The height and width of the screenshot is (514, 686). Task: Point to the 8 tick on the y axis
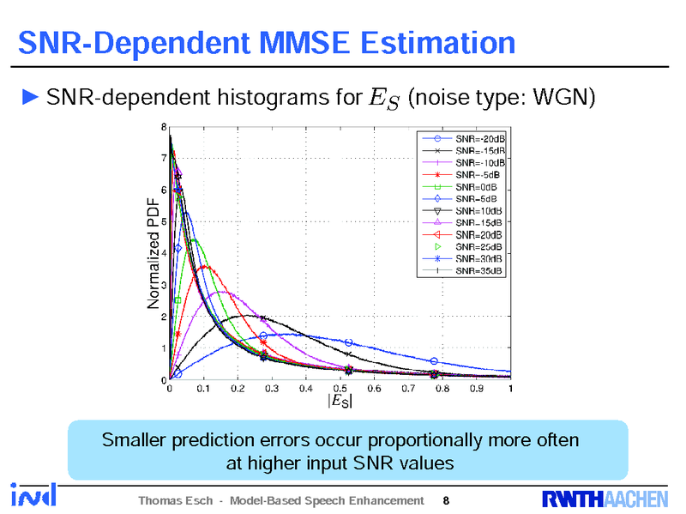(x=164, y=127)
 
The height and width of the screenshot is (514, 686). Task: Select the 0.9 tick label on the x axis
(x=476, y=389)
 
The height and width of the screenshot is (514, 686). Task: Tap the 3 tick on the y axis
(x=164, y=285)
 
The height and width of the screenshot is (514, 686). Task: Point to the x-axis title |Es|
(x=339, y=402)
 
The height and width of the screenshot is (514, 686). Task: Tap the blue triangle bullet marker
(x=30, y=96)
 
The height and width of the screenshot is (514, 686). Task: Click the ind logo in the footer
(x=34, y=495)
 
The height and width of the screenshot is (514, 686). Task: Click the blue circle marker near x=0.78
(x=434, y=361)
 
